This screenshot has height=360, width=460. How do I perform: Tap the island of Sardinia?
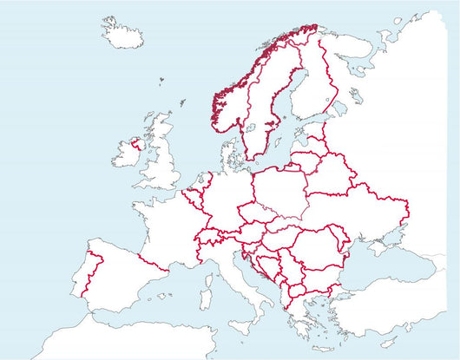pyautogui.click(x=208, y=290)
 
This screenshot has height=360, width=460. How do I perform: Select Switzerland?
pyautogui.click(x=211, y=236)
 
